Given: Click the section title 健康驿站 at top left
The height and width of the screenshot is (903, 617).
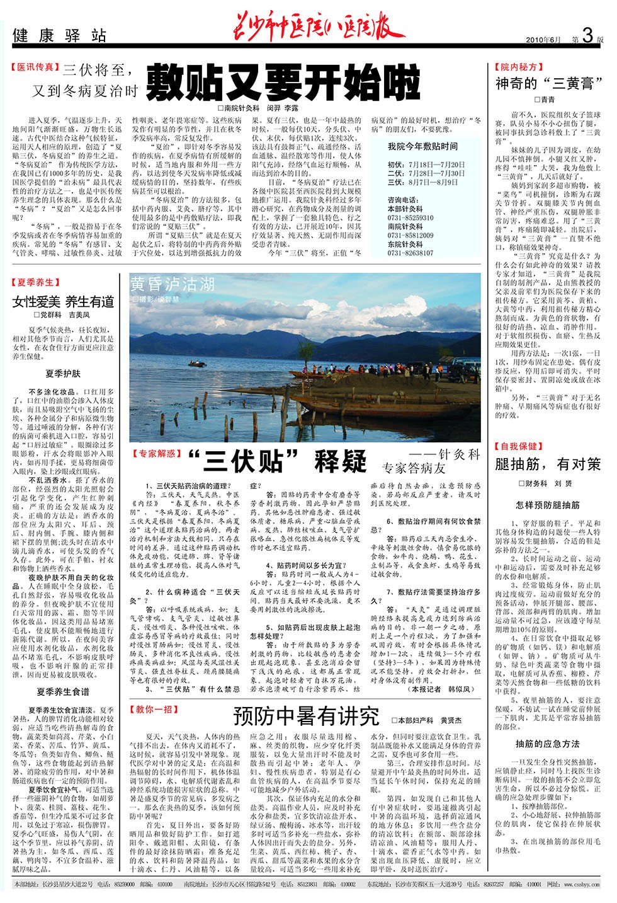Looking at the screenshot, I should pos(60,36).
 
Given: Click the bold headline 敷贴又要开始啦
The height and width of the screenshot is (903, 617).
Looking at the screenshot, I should pos(283,83).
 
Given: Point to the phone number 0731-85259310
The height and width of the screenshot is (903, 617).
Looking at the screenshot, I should pos(410,218).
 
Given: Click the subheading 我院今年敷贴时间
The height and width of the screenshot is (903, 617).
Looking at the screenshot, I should pos(422,146).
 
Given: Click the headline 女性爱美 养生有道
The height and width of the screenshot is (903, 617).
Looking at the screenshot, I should pos(63,301).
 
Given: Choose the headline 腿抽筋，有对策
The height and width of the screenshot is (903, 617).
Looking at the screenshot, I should pos(548,464).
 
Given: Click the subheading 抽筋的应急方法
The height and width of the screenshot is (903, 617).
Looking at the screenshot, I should pos(548,744).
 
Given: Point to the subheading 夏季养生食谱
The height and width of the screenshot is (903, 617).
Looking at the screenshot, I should pos(63,692).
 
